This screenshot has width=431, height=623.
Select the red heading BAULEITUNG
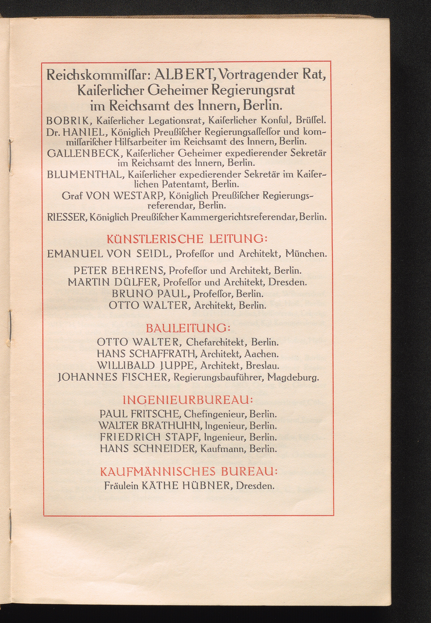[188, 328]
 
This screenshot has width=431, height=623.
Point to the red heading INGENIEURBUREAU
[188, 400]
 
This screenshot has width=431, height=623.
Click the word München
[306, 254]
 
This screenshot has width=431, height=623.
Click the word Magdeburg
[293, 377]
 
